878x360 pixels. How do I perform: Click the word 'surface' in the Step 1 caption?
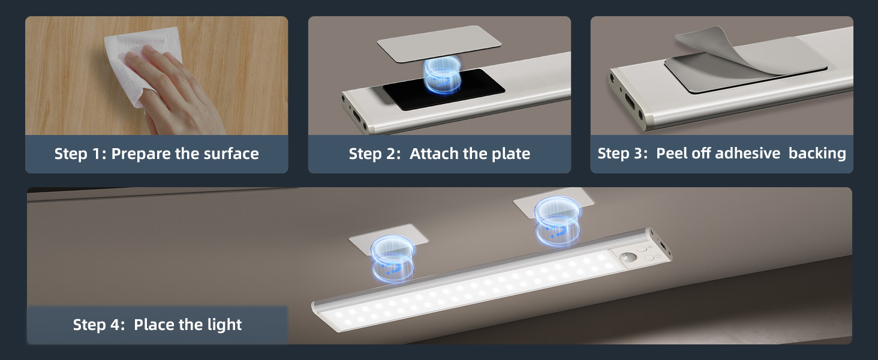click(231, 154)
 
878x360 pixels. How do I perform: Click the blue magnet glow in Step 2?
click(442, 74)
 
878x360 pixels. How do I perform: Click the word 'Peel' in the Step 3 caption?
click(672, 153)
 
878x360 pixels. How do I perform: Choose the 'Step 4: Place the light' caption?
click(157, 325)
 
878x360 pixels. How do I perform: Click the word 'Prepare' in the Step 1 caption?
click(142, 154)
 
